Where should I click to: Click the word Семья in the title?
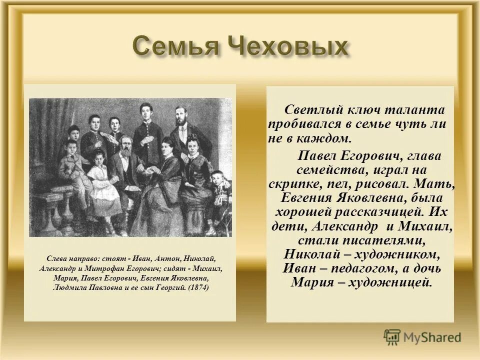(x=176, y=47)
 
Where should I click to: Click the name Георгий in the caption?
(x=171, y=288)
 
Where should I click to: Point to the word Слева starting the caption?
(x=56, y=258)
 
